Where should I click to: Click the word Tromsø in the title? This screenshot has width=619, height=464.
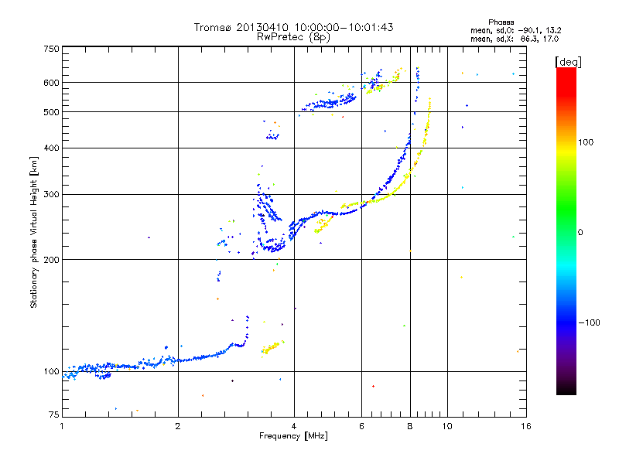(x=212, y=27)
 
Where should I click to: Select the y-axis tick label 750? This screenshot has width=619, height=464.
(x=51, y=49)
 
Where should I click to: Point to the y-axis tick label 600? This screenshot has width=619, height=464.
(x=51, y=83)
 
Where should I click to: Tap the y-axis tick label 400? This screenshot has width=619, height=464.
(x=51, y=148)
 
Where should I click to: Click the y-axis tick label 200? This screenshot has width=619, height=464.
(x=51, y=260)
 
